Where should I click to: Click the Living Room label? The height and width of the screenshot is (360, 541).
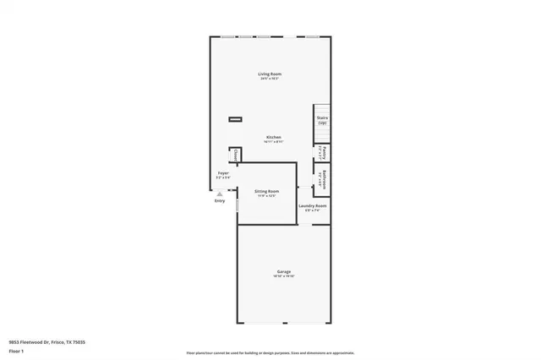270,74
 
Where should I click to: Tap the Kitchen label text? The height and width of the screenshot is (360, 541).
273,137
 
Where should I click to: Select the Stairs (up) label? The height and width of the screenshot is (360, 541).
322,120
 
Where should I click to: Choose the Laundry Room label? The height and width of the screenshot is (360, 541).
312,205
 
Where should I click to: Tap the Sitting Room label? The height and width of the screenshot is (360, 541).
267,191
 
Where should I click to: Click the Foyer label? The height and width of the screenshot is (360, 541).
223,173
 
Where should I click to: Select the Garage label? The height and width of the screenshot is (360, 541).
283,271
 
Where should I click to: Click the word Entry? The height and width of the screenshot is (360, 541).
220,201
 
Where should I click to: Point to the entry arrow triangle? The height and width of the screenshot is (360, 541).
220,194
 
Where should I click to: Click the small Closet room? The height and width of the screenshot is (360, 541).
236,155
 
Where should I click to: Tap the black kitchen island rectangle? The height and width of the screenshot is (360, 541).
236,120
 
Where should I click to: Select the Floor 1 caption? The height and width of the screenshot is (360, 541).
16,350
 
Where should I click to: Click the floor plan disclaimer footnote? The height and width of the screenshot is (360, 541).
270,352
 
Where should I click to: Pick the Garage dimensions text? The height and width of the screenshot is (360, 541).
283,276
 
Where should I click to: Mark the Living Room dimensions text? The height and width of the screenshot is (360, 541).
270,79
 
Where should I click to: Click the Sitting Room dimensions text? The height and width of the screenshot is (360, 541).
267,196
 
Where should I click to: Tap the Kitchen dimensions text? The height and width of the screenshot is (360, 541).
273,142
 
